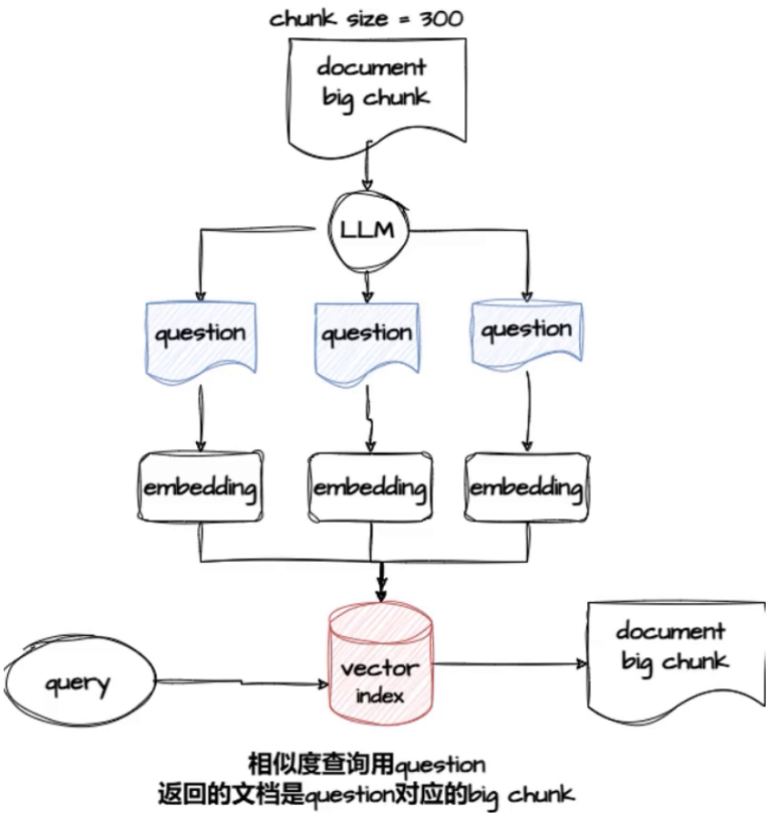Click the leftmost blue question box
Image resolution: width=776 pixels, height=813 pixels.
click(200, 335)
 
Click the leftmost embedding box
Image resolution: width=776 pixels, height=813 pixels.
click(200, 486)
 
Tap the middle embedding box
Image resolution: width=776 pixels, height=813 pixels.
click(369, 487)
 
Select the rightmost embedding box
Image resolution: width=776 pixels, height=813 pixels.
click(525, 487)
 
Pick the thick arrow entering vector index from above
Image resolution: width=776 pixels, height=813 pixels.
click(382, 580)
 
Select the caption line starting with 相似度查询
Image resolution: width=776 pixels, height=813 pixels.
click(367, 763)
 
